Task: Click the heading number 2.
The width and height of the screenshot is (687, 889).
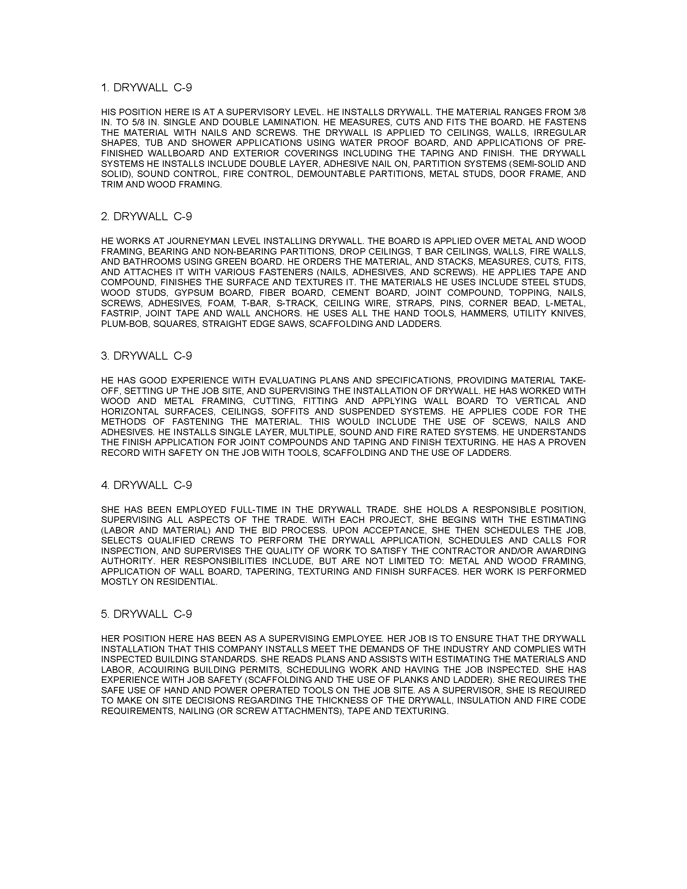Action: (105, 217)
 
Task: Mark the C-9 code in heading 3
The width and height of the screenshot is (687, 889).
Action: (183, 356)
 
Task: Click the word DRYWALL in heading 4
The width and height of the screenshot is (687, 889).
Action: (140, 485)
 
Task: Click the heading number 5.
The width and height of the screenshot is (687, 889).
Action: (105, 614)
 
